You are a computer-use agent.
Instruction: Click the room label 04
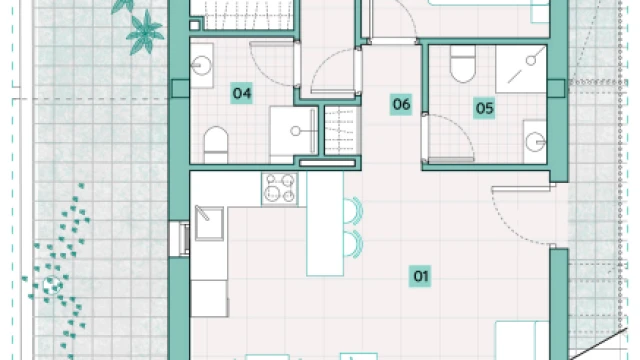pos(241,93)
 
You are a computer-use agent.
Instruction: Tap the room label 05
pos(484,108)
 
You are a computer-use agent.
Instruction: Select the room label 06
pos(401,104)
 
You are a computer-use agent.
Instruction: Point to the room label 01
pos(420,276)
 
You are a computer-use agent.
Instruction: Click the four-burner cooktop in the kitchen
pos(280,188)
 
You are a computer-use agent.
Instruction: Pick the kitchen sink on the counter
pos(209,223)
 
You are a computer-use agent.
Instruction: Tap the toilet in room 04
pos(216,145)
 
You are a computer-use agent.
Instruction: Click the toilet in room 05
pos(463,63)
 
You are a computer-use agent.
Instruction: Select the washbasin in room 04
pos(202,65)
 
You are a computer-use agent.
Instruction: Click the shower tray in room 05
pos(521,69)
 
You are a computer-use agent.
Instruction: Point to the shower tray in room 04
pos(294,131)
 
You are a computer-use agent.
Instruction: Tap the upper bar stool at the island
pos(353,211)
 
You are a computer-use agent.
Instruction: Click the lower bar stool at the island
pos(353,244)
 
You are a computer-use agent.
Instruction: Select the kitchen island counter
pos(325,224)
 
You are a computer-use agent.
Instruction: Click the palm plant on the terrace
pos(145,33)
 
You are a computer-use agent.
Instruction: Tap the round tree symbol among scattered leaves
pos(52,285)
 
